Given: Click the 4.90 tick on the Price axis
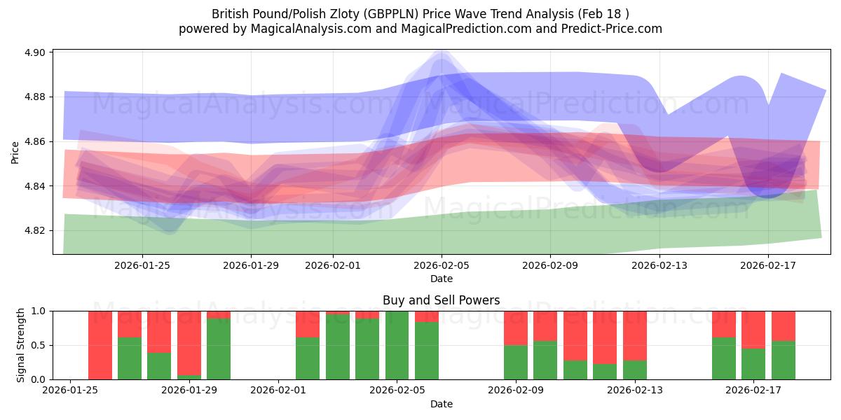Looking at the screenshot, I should point(35,52).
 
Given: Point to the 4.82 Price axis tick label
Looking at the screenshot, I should point(35,230).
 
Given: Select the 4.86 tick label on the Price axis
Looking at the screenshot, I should point(35,141).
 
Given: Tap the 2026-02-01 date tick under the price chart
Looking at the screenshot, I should point(332,265).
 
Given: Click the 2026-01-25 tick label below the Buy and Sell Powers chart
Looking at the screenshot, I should point(70,391).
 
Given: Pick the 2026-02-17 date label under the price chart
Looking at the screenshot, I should point(768,265).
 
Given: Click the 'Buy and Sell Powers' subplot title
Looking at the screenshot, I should point(441,300).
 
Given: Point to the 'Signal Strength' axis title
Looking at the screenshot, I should point(21,345).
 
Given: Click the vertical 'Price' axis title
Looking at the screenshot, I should point(15,152).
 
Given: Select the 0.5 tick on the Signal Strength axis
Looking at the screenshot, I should point(39,345).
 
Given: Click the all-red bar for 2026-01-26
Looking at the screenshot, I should point(100,345).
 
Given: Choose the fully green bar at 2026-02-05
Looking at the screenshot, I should point(397,345).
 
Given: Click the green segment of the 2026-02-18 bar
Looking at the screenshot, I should point(784,360).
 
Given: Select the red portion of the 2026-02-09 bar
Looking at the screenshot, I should point(516,328).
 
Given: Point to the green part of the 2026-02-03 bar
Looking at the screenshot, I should point(338,347).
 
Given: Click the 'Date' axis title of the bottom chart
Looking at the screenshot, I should point(441,404).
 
